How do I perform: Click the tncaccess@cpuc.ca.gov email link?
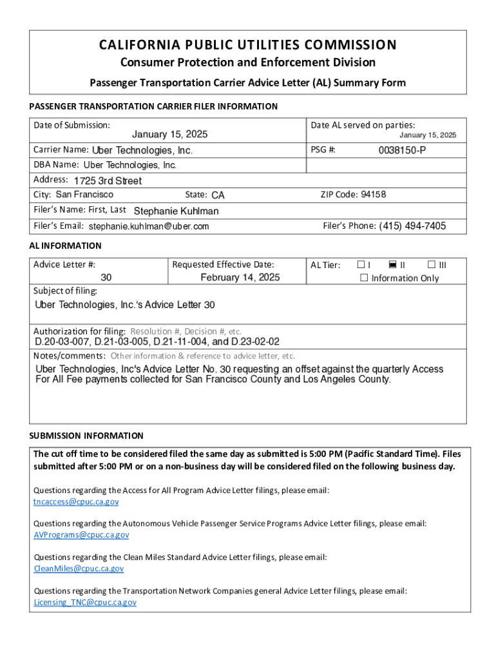pyautogui.click(x=76, y=501)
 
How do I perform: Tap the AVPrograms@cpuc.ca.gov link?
pyautogui.click(x=81, y=535)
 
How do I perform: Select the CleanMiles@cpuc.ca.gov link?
pyautogui.click(x=79, y=568)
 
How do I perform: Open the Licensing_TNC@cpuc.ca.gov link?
pyautogui.click(x=85, y=602)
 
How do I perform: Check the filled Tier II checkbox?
pyautogui.click(x=393, y=265)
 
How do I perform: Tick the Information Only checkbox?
pyautogui.click(x=364, y=278)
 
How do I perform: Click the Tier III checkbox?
pyautogui.click(x=431, y=265)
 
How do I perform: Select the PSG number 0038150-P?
pyautogui.click(x=402, y=150)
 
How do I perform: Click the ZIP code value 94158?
pyautogui.click(x=374, y=195)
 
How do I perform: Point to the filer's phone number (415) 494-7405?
pyautogui.click(x=412, y=226)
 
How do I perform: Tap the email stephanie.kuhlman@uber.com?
pyautogui.click(x=149, y=227)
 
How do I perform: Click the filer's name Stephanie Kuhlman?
pyautogui.click(x=176, y=211)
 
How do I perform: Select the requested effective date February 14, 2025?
pyautogui.click(x=240, y=278)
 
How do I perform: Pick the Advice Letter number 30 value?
pyautogui.click(x=106, y=278)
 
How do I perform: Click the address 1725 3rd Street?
pyautogui.click(x=108, y=181)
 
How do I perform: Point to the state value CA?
pyautogui.click(x=218, y=195)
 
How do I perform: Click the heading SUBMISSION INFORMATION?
pyautogui.click(x=86, y=436)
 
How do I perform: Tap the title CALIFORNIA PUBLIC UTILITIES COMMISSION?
pyautogui.click(x=247, y=45)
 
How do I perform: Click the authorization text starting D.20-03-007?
pyautogui.click(x=157, y=342)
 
